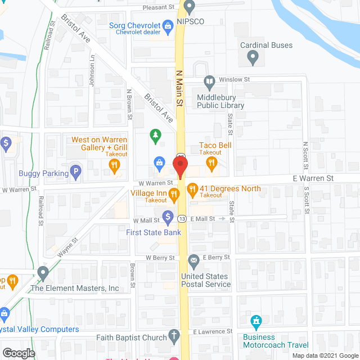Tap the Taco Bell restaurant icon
point(211,164)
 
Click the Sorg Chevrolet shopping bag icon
point(167,25)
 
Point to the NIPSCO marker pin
point(189,7)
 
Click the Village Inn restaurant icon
point(174,195)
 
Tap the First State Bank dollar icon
point(168,216)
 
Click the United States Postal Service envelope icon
point(193,260)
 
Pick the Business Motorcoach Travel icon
point(256,322)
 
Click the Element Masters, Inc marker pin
point(43,274)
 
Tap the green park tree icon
point(156,136)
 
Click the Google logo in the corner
point(18,353)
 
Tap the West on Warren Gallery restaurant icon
point(114,164)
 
